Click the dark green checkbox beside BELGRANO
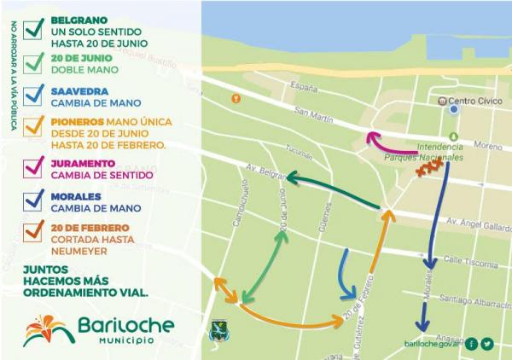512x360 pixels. click(x=35, y=28)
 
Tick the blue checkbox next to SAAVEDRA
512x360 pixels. click(x=35, y=94)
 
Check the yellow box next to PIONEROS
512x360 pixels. click(x=35, y=127)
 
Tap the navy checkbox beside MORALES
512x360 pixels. click(x=35, y=200)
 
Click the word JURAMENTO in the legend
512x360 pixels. click(x=84, y=161)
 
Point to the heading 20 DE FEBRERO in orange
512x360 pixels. click(x=90, y=228)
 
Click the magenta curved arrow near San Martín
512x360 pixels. click(x=392, y=144)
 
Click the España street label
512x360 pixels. click(x=304, y=87)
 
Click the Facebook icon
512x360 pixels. click(x=472, y=344)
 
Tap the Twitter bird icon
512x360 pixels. click(x=488, y=344)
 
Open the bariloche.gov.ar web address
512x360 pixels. click(x=433, y=345)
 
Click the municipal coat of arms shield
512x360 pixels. click(x=218, y=330)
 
